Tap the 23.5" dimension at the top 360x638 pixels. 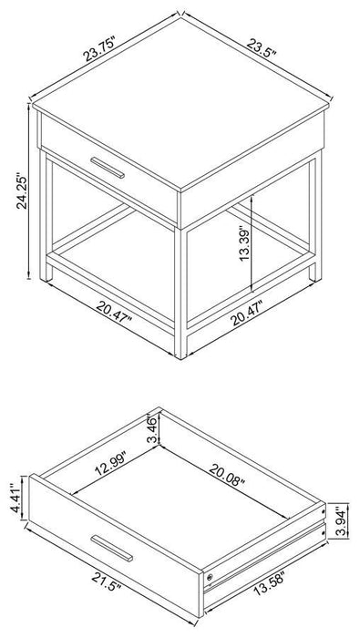click(263, 45)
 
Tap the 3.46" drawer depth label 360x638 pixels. click(153, 427)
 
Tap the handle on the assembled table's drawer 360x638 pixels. click(110, 169)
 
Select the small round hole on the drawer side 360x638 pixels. click(211, 579)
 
